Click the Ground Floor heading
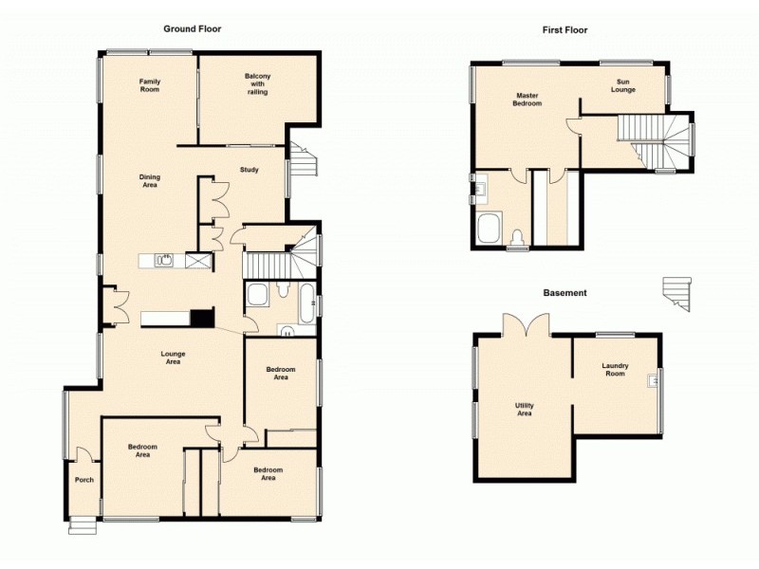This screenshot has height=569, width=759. (x=193, y=28)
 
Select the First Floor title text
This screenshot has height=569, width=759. (x=565, y=30)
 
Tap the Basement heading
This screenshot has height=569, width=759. (x=565, y=293)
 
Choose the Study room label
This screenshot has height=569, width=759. (x=250, y=171)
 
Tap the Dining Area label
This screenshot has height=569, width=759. (x=150, y=180)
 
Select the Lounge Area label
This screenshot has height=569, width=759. (x=173, y=358)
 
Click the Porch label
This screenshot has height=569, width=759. (x=84, y=480)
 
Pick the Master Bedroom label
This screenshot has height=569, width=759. (x=528, y=100)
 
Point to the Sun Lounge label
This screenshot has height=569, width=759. (x=622, y=86)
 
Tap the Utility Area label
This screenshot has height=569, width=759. (x=525, y=410)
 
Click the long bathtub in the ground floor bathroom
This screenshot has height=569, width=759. (x=306, y=303)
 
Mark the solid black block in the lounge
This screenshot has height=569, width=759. (x=202, y=319)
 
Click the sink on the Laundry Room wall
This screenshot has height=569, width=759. (x=653, y=381)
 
